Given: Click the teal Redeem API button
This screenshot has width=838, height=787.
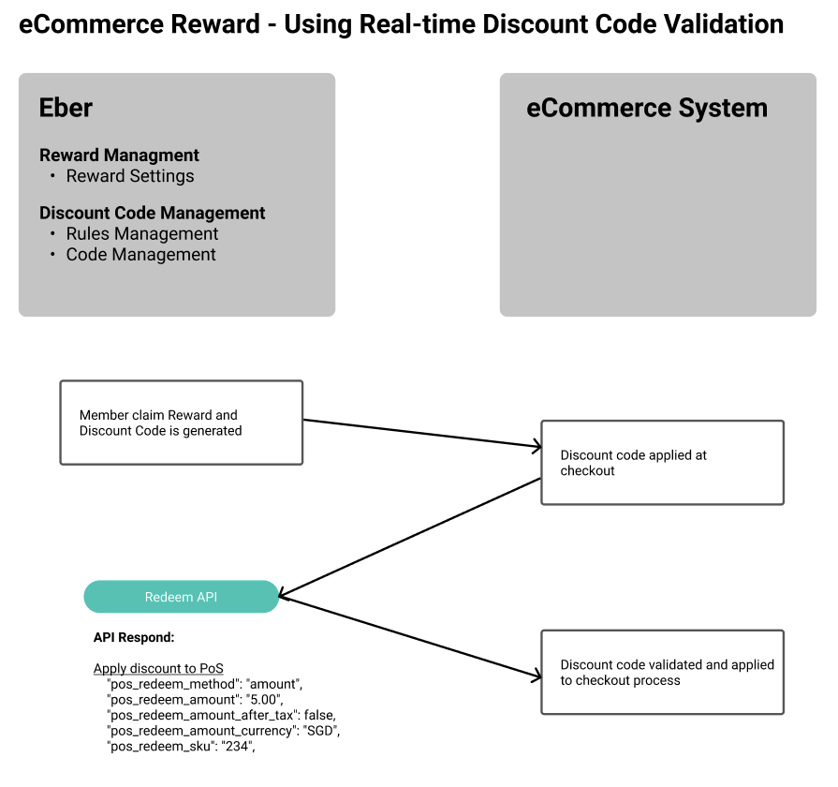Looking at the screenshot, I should point(182,597).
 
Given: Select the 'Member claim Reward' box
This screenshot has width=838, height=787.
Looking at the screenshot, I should point(181,423).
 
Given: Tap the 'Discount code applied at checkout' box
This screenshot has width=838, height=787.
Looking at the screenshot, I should point(662,463).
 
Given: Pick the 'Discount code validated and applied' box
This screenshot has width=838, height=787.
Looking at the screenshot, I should point(662,673).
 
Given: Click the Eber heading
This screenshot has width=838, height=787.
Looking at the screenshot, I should point(66,108).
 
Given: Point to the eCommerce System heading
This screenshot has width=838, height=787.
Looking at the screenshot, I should point(647,108).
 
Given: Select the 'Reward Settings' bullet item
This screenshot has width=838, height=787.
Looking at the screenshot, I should point(130,176).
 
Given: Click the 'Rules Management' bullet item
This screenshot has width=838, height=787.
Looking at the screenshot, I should point(142,234).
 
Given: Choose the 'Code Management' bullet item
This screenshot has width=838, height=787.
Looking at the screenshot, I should point(140,255).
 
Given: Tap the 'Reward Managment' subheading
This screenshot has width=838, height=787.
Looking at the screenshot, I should point(119,156).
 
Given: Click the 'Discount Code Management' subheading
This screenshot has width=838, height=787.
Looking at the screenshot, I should point(153,214).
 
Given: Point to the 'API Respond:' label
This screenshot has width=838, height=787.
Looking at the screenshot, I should point(134,638).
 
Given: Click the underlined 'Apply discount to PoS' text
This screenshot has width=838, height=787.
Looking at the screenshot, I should point(158,669).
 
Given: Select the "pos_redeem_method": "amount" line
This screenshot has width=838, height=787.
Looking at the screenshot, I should point(205,685).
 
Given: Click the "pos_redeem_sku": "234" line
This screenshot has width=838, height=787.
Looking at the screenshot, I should point(182,747).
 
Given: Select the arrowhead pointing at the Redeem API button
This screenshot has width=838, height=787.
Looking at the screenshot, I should point(285,595).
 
